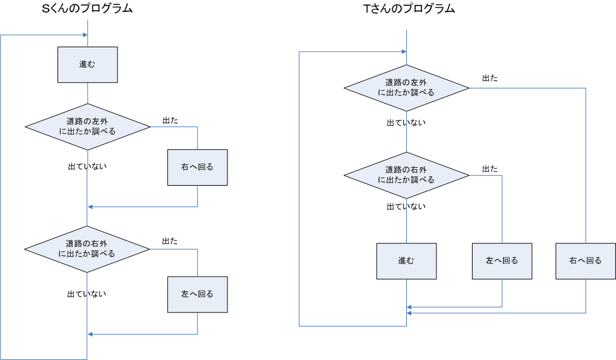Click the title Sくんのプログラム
[87, 9]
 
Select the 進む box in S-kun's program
[87, 64]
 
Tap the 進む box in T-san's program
[406, 261]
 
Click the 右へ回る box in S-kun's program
[197, 167]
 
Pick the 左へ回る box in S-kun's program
[197, 294]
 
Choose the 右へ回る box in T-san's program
[585, 261]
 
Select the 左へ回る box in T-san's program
[502, 261]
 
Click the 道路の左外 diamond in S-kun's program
[87, 126]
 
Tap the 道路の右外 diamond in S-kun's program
[87, 249]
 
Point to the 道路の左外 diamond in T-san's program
[406, 87]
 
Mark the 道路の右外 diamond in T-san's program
[406, 175]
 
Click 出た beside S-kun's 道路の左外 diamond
[170, 119]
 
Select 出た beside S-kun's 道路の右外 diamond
[169, 241]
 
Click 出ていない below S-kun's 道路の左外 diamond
[87, 167]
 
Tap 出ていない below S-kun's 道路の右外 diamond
[87, 294]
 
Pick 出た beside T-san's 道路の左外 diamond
[490, 78]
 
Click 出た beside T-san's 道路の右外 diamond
[490, 169]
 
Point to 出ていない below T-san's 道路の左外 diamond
[406, 123]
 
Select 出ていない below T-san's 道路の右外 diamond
[406, 207]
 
